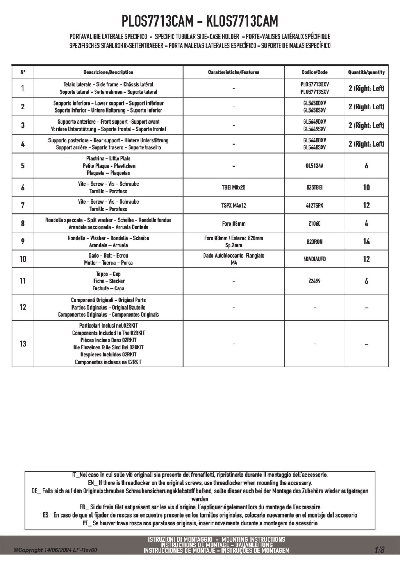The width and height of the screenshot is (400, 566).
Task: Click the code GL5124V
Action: (314, 166)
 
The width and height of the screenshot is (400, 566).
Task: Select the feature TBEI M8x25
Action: (234, 188)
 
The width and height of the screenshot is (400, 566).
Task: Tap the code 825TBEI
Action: (314, 188)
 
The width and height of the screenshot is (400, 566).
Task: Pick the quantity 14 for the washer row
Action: (366, 242)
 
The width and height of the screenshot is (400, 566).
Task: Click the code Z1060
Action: (314, 224)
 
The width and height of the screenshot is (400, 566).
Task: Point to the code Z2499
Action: (314, 281)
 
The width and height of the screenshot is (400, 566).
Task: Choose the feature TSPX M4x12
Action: (234, 206)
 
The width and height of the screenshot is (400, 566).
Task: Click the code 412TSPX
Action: (314, 206)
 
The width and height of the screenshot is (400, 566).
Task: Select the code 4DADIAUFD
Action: (314, 259)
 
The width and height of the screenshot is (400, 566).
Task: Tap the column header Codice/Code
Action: (314, 72)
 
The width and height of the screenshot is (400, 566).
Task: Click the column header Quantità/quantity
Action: (366, 72)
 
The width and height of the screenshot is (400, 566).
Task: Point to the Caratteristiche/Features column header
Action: (234, 72)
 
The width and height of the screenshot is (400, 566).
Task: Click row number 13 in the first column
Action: (23, 344)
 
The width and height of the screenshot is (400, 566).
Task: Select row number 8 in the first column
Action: (23, 224)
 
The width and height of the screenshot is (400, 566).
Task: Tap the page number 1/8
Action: (380, 550)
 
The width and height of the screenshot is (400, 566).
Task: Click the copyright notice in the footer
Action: (55, 550)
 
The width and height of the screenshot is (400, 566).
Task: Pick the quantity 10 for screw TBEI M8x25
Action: (366, 188)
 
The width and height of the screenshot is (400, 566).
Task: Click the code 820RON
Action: (314, 242)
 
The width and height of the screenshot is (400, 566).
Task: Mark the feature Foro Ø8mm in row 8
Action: (234, 224)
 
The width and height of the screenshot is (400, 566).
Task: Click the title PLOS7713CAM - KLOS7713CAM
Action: (200, 20)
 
